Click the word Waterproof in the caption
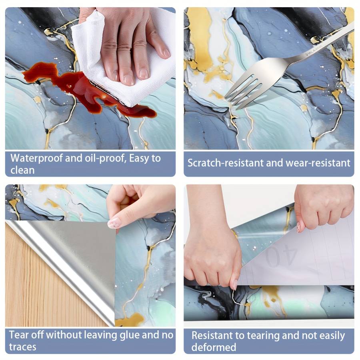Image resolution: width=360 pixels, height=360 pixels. click(36, 158)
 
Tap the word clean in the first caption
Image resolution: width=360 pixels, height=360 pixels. click(22, 170)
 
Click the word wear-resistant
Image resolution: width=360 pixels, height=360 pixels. click(318, 163)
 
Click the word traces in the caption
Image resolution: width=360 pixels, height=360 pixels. click(22, 347)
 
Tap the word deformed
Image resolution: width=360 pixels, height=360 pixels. click(214, 347)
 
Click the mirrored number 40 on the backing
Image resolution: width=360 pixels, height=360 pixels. click(280, 256)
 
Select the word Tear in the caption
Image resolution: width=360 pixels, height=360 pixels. click(18, 335)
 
